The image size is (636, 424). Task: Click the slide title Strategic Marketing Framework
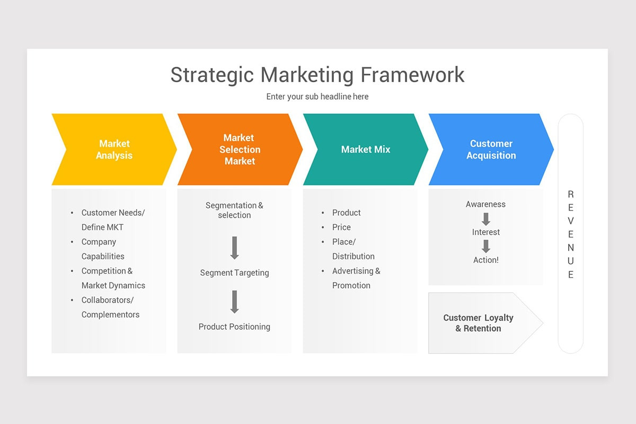point(317,75)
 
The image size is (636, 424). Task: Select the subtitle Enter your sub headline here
point(317,96)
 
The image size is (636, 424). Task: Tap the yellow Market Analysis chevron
point(114,149)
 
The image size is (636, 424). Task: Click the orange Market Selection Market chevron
point(240,149)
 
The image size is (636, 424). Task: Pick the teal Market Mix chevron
point(366,149)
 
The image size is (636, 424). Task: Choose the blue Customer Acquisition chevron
point(491,149)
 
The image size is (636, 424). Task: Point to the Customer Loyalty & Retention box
point(479,323)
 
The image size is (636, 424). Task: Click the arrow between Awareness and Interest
point(486,218)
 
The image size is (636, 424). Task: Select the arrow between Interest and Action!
point(486,246)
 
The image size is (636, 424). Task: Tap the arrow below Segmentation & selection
point(235,248)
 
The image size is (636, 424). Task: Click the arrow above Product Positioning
point(235,302)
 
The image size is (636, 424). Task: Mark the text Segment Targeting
point(234,273)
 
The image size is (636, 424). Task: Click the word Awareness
point(485,204)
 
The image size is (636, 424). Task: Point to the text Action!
point(486,260)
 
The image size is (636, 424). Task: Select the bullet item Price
point(341,227)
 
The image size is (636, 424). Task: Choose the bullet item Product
point(346,213)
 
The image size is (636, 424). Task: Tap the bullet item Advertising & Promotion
point(356,278)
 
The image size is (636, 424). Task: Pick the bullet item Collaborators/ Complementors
point(110,307)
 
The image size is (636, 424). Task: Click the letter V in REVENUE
point(571,220)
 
